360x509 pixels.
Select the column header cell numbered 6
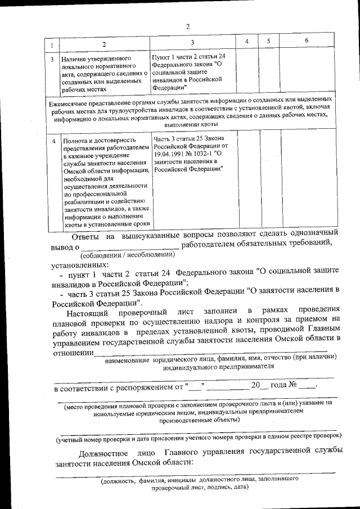307,41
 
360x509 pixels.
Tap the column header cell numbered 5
269,41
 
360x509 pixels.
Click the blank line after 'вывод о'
129,246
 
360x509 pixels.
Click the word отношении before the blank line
72,352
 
